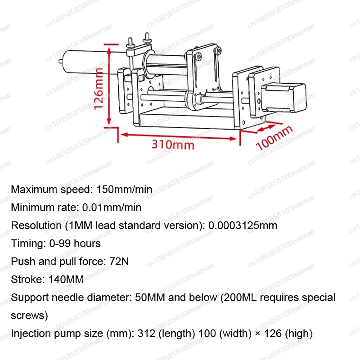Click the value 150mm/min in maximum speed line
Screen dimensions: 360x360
[124, 189]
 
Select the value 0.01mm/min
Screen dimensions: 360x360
[112, 207]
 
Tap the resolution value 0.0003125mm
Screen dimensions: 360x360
[243, 225]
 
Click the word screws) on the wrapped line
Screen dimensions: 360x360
[29, 315]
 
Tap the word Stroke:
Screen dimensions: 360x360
[27, 279]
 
